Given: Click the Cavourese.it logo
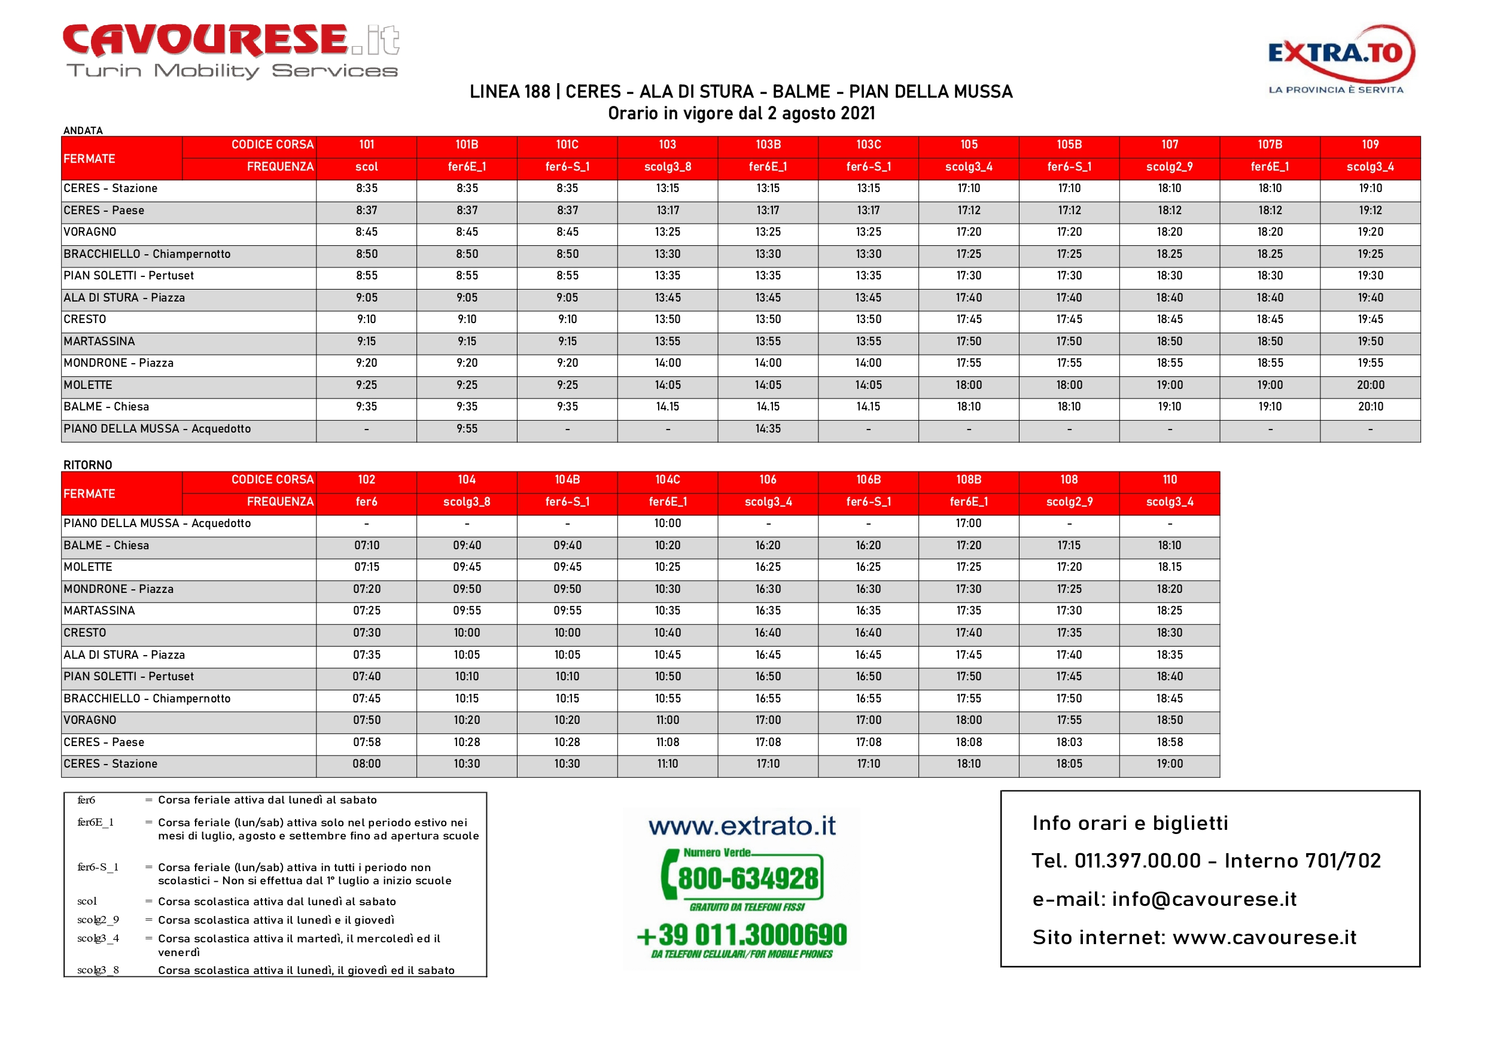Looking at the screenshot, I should click(x=231, y=50).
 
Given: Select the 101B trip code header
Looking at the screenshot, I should click(x=466, y=145).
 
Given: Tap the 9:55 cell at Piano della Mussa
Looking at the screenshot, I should click(x=466, y=429).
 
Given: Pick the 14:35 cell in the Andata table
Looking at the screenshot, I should click(x=768, y=429).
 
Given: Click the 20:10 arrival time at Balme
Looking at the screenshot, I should click(x=1370, y=407).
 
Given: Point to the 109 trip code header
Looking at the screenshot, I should click(x=1370, y=145).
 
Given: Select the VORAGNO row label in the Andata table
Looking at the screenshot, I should click(x=90, y=232).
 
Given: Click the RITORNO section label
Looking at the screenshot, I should click(x=88, y=465).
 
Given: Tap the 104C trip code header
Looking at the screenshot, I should click(x=668, y=480).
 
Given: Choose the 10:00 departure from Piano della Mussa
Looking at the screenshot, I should click(x=668, y=524).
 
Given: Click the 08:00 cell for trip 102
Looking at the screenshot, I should click(x=366, y=764).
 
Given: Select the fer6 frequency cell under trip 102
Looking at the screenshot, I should click(x=366, y=502).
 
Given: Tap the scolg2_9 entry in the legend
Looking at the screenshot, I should click(x=98, y=920).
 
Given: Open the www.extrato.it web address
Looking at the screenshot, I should click(x=742, y=826).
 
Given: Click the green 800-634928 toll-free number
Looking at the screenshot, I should click(x=747, y=878).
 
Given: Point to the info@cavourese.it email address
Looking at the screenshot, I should click(x=1204, y=899).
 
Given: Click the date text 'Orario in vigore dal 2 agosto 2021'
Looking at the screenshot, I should click(x=741, y=114).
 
